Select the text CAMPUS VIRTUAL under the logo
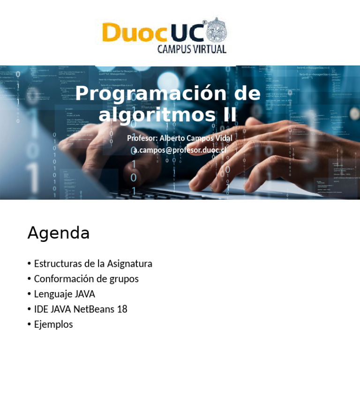tap(192, 49)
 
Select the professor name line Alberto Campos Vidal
tap(180, 138)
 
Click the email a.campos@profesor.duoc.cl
tap(180, 150)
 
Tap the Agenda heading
tap(59, 233)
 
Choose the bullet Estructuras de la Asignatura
tap(93, 263)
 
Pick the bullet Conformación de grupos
tap(86, 278)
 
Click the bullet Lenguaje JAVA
tap(64, 294)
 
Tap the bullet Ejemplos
tap(53, 324)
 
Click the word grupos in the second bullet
tap(124, 279)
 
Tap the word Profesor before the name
tap(142, 138)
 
